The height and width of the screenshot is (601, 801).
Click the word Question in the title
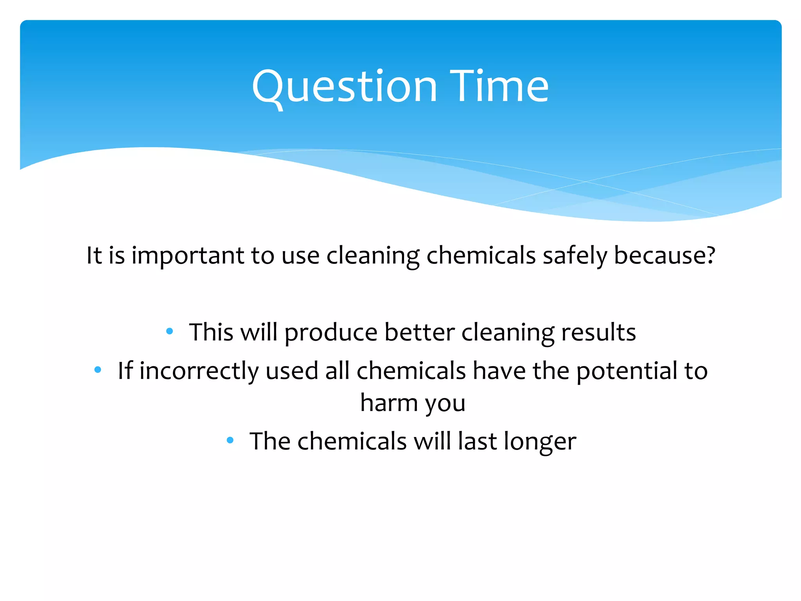[344, 87]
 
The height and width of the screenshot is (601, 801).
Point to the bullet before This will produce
[169, 331]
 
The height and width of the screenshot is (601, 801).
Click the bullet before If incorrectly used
[98, 369]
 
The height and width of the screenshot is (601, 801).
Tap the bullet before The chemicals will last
[230, 440]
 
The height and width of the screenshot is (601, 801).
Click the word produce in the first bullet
[331, 333]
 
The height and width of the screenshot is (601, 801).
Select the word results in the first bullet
[598, 333]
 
